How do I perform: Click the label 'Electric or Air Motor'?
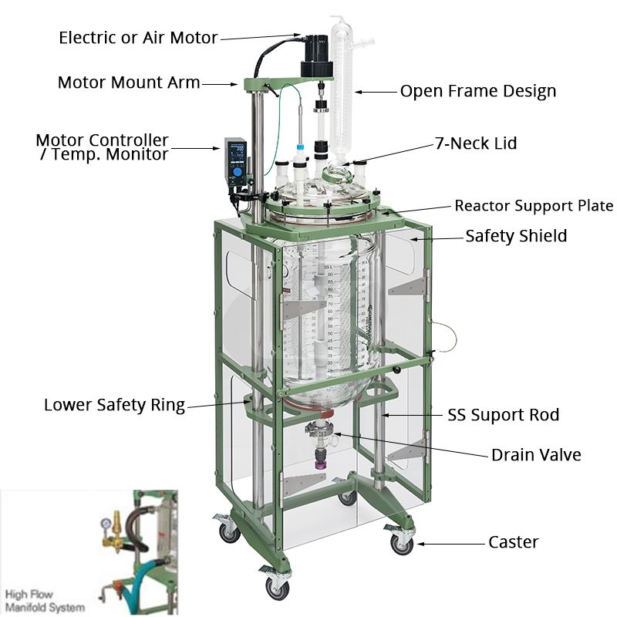[138, 37]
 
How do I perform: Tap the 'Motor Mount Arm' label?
[129, 82]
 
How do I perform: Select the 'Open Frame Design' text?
[477, 91]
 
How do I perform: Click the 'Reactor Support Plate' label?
[534, 205]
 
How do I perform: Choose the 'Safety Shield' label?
[516, 236]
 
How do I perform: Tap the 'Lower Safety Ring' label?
[114, 405]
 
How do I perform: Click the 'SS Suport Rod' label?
[504, 415]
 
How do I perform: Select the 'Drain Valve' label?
[536, 455]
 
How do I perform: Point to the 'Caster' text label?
[514, 542]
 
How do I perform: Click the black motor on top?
[317, 56]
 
